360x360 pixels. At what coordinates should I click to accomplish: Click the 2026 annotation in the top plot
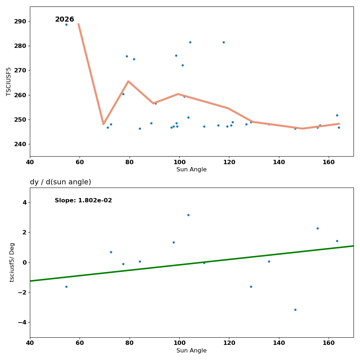(x=64, y=19)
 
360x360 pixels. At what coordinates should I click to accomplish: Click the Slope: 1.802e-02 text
(x=83, y=201)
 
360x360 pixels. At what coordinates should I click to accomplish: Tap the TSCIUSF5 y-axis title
(x=9, y=81)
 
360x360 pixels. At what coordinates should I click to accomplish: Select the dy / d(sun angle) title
(x=60, y=182)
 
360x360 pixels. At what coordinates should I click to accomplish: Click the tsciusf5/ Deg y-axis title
(x=12, y=262)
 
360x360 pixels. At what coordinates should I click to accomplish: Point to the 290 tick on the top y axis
(x=20, y=21)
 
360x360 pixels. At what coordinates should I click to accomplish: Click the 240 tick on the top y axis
(x=20, y=144)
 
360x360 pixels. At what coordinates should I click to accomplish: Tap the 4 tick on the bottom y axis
(x=24, y=202)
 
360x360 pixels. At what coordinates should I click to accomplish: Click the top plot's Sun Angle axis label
(x=192, y=170)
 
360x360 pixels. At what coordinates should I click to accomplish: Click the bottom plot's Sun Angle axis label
(x=192, y=351)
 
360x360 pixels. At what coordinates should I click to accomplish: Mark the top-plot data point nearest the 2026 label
(x=66, y=24)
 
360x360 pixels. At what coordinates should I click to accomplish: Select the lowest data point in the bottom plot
(x=295, y=310)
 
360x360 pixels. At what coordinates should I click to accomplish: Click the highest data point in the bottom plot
(x=188, y=215)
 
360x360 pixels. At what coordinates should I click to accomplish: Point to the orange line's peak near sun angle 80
(x=128, y=81)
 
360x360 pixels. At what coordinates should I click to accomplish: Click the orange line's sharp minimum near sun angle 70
(x=103, y=124)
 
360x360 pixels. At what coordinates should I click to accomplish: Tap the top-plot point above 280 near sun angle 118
(x=224, y=42)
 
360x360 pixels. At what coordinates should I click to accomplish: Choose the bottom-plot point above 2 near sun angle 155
(x=318, y=228)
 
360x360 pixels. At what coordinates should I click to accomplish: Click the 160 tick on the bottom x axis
(x=329, y=343)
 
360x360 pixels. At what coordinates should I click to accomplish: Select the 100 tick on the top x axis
(x=179, y=162)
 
